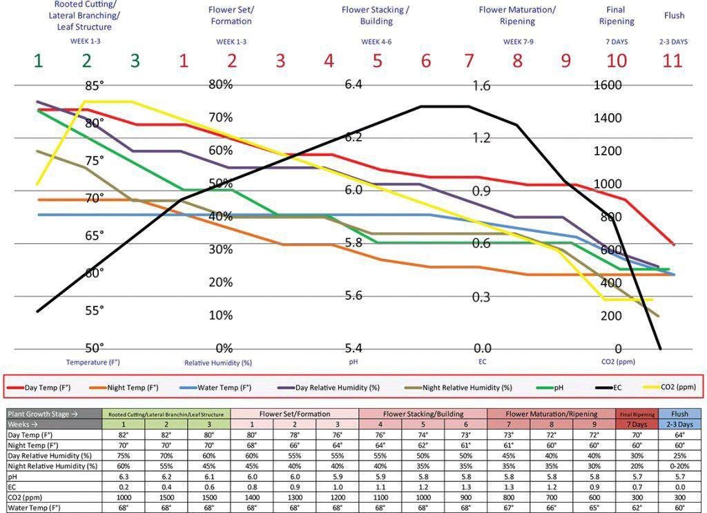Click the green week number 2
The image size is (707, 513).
click(x=86, y=61)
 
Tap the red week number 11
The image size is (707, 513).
click(x=672, y=61)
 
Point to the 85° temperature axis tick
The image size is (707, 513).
click(x=94, y=86)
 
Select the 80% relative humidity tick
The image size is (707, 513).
click(x=221, y=85)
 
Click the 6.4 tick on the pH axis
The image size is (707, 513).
click(x=353, y=84)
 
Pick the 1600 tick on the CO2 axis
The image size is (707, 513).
click(x=608, y=85)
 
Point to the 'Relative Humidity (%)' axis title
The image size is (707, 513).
click(x=218, y=362)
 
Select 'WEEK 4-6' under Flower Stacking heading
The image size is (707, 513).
click(x=376, y=41)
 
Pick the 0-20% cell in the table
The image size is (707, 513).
click(x=679, y=466)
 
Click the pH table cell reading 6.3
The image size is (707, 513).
click(x=123, y=476)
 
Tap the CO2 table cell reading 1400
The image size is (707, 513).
click(x=251, y=497)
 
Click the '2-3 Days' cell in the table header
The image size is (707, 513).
click(x=679, y=424)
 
